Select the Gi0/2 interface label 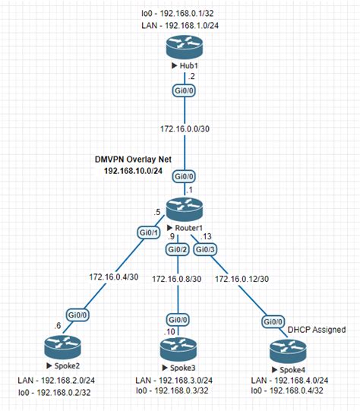pos(177,250)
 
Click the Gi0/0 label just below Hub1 pos(179,92)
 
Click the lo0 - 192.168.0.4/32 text pos(288,391)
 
